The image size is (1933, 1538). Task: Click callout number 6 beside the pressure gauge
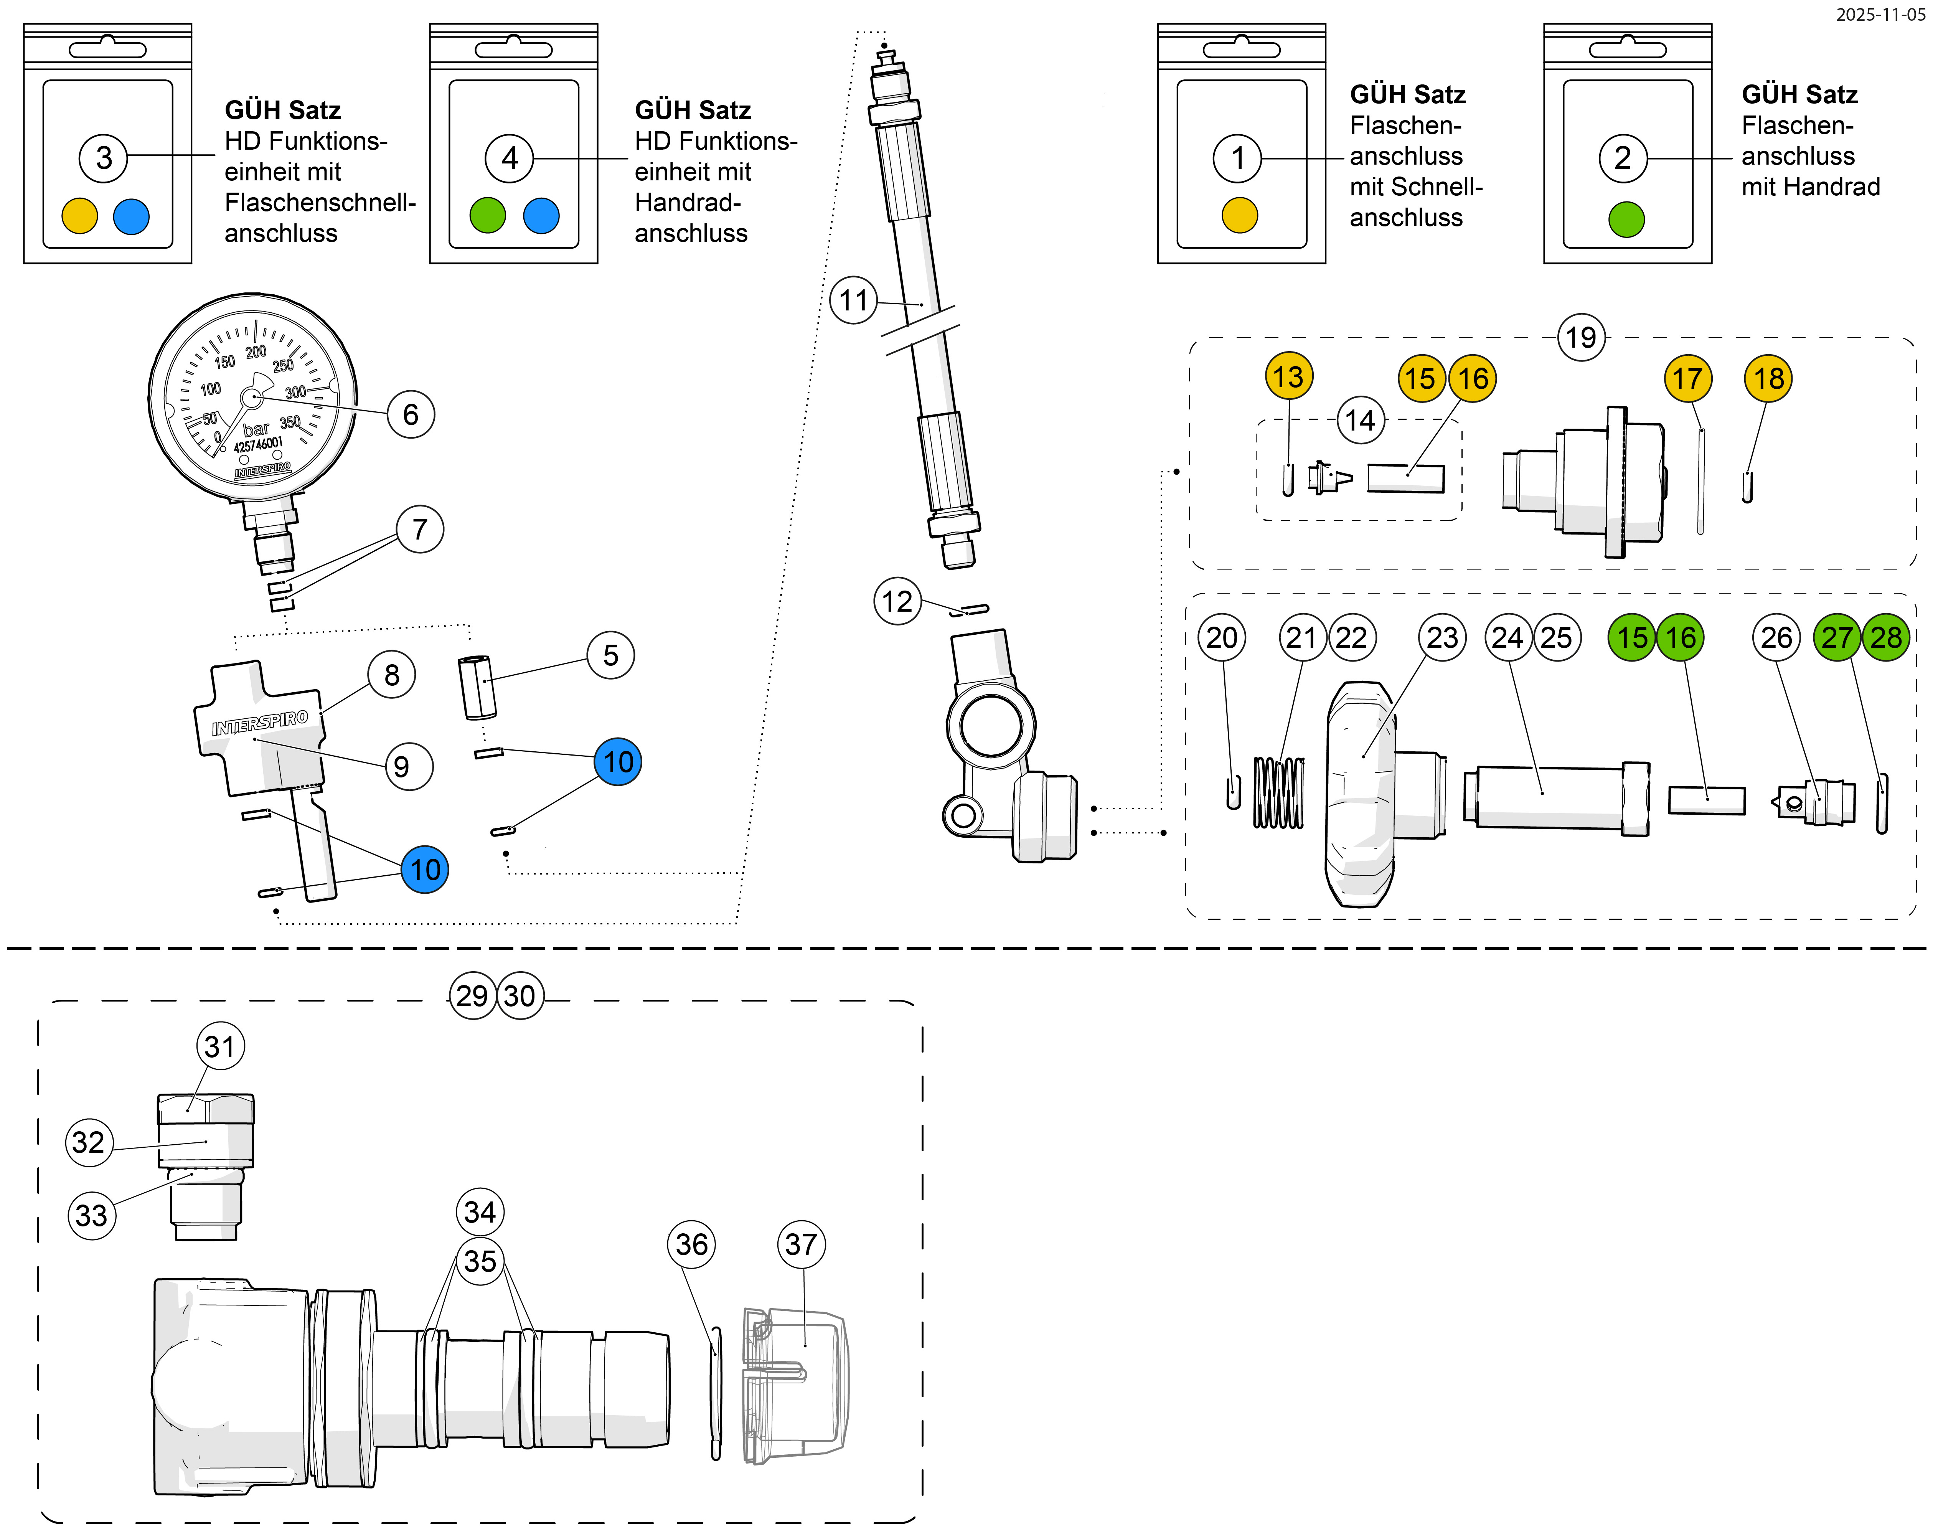click(411, 414)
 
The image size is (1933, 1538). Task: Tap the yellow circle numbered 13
click(1288, 377)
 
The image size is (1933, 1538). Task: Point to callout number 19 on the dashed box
click(1581, 337)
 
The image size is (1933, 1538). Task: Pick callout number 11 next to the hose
click(854, 300)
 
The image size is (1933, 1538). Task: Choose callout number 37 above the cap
click(801, 1244)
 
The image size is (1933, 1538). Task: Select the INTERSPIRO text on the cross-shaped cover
click(259, 723)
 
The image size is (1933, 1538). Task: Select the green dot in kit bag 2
click(1626, 219)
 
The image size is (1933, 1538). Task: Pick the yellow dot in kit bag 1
click(1240, 215)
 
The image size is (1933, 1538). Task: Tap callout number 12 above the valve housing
click(897, 601)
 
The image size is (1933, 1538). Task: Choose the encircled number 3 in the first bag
click(104, 158)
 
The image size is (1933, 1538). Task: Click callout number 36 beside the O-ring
click(691, 1244)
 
